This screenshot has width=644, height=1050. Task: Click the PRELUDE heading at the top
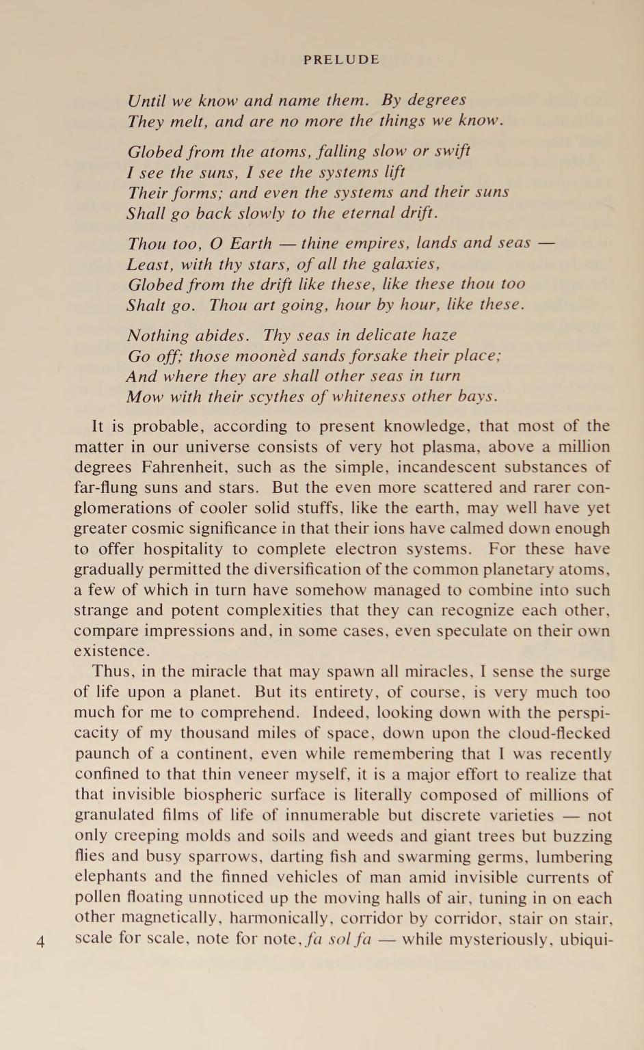(341, 59)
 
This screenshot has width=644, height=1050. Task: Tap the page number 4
(40, 942)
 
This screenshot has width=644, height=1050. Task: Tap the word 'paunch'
(100, 754)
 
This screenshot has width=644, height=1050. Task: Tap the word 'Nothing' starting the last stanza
(158, 336)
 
